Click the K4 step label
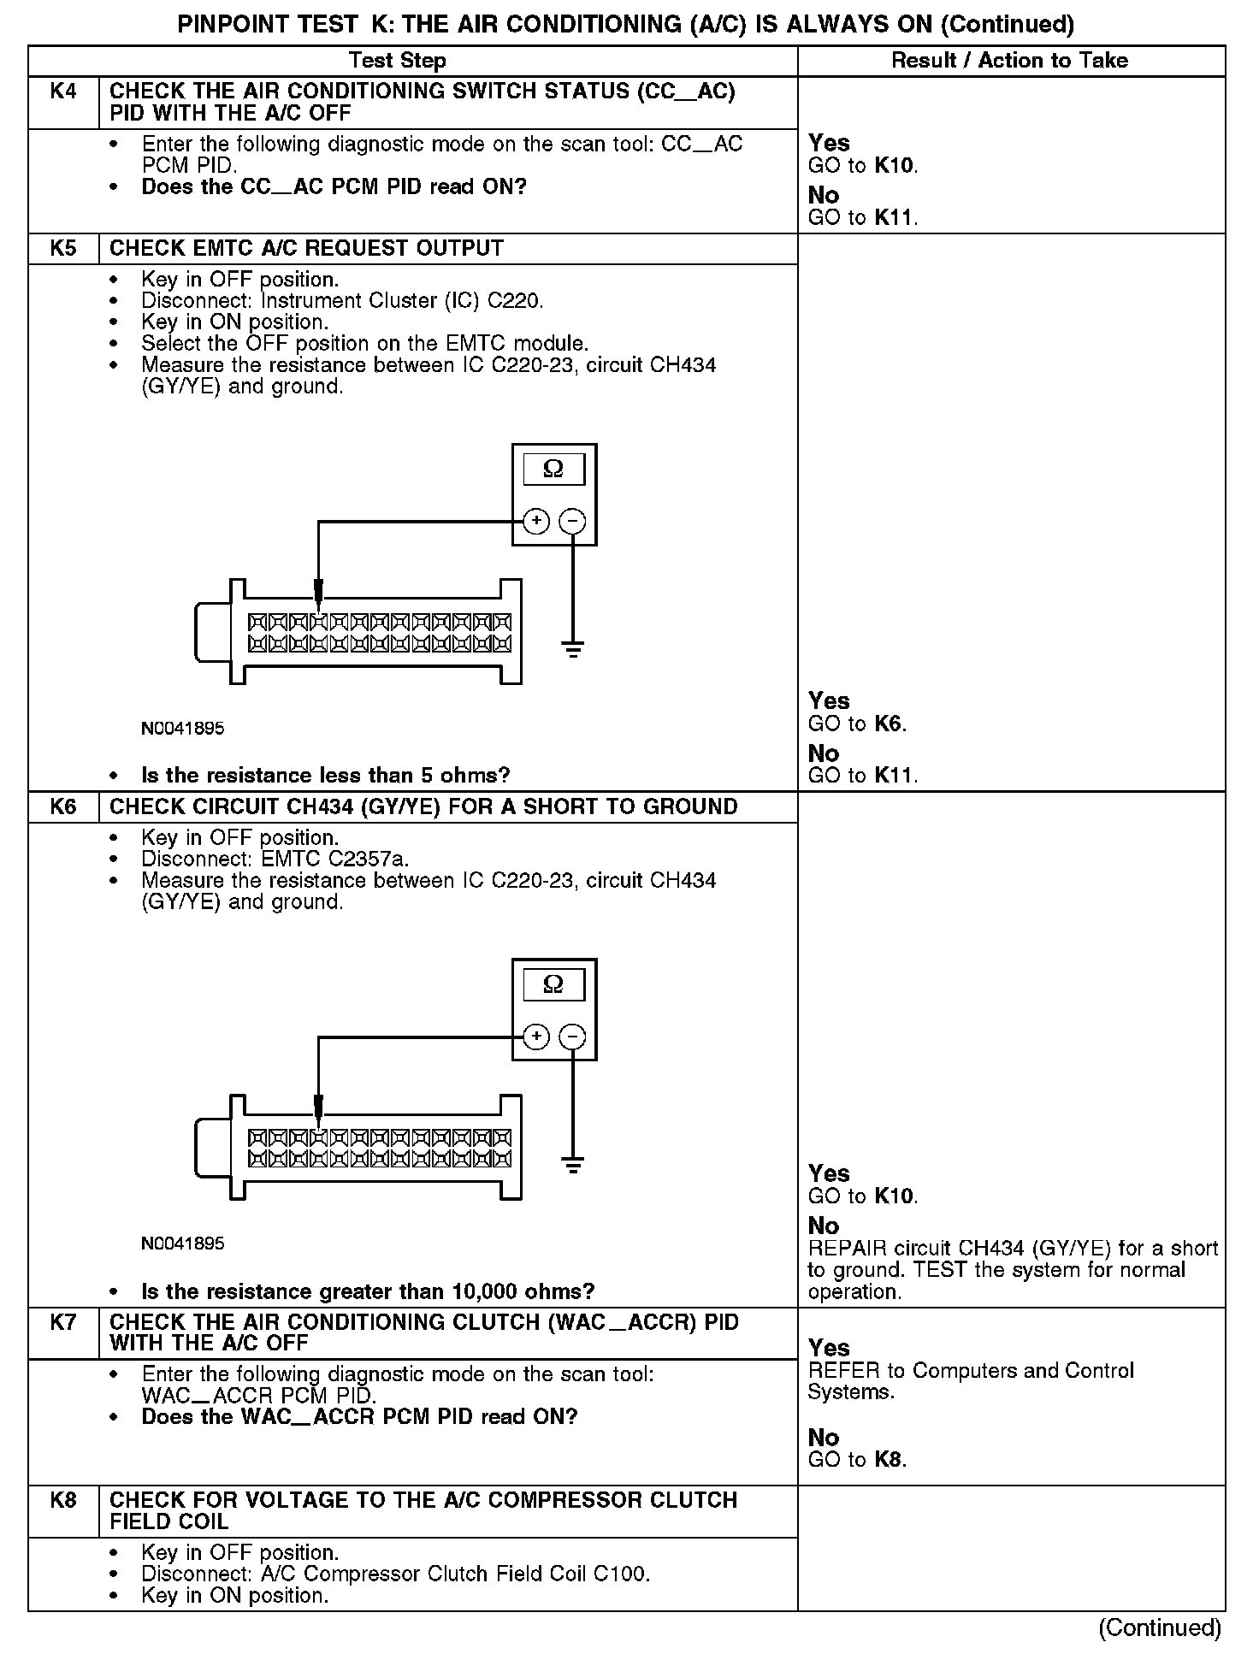[x=63, y=92]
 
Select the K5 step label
[x=63, y=249]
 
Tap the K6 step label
[x=63, y=807]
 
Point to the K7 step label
[x=63, y=1323]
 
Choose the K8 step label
[x=63, y=1501]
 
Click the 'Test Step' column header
[x=398, y=61]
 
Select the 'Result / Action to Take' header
[x=1009, y=61]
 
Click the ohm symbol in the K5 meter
[x=553, y=469]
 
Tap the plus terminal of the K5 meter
[x=536, y=520]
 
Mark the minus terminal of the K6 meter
[x=572, y=1037]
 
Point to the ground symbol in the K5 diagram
[x=573, y=647]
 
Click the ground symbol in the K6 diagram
[x=573, y=1163]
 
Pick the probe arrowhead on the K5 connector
[x=318, y=592]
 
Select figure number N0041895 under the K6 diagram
[x=183, y=1243]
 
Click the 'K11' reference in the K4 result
[x=895, y=218]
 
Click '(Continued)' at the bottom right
[x=1160, y=1627]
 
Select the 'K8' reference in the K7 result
[x=889, y=1460]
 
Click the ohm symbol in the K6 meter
[x=553, y=984]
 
